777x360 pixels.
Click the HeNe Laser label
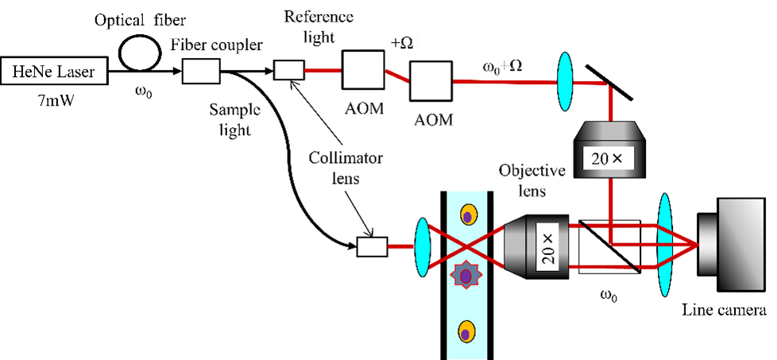(53, 74)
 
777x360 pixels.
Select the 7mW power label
(53, 100)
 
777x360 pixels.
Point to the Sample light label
(235, 118)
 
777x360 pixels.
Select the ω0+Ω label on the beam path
(502, 67)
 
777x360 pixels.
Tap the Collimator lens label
(346, 168)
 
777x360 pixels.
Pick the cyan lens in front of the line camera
(666, 246)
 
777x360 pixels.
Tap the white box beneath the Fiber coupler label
(201, 71)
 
